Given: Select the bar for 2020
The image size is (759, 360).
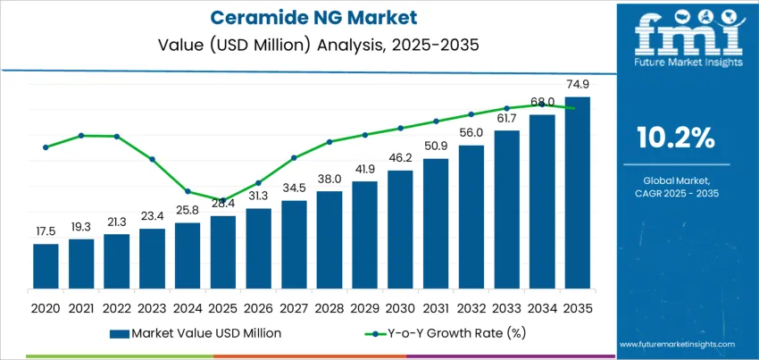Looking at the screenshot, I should pyautogui.click(x=46, y=269).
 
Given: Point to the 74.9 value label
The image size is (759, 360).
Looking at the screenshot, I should pyautogui.click(x=578, y=84).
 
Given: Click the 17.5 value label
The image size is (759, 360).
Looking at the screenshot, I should pyautogui.click(x=46, y=230).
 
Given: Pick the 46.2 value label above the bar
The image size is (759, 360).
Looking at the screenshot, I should pyautogui.click(x=400, y=157).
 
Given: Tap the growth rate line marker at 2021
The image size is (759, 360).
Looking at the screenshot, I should pyautogui.click(x=81, y=136).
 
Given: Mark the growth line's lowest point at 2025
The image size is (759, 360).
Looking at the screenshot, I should pyautogui.click(x=223, y=200).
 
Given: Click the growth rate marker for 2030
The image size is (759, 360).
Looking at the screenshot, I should pyautogui.click(x=400, y=128).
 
